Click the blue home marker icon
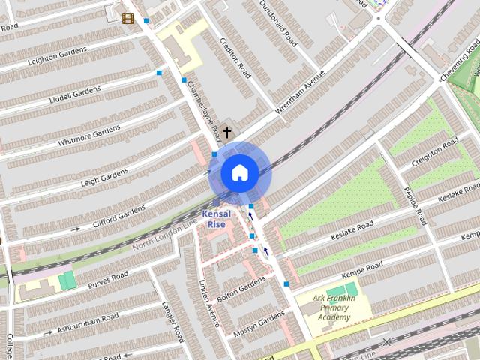tap(239, 173)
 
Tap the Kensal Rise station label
tap(216, 219)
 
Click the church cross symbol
tap(226, 132)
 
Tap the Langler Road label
tap(173, 322)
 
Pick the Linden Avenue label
tap(209, 303)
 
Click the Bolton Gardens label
tap(241, 285)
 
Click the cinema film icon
tap(127, 19)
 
